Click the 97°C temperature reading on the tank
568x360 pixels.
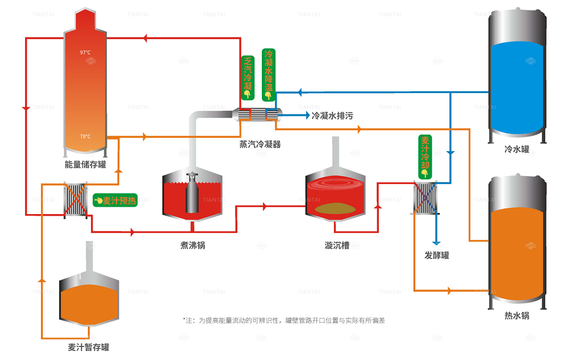(85, 53)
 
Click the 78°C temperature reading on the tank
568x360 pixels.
(85, 136)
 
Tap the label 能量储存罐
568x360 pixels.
(85, 165)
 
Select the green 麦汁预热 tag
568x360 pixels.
(115, 200)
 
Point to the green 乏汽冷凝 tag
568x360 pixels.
(248, 77)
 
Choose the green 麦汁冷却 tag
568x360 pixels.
(425, 154)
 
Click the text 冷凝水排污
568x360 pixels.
(332, 116)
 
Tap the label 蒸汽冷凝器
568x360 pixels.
(260, 145)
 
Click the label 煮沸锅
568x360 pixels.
(193, 245)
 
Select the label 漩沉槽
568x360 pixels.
(337, 245)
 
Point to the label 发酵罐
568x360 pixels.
(437, 256)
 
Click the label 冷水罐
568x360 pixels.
(517, 150)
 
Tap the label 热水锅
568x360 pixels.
(517, 316)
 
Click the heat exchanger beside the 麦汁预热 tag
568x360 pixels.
(75, 199)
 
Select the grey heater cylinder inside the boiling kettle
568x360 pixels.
(193, 196)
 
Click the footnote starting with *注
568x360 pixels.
(284, 320)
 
